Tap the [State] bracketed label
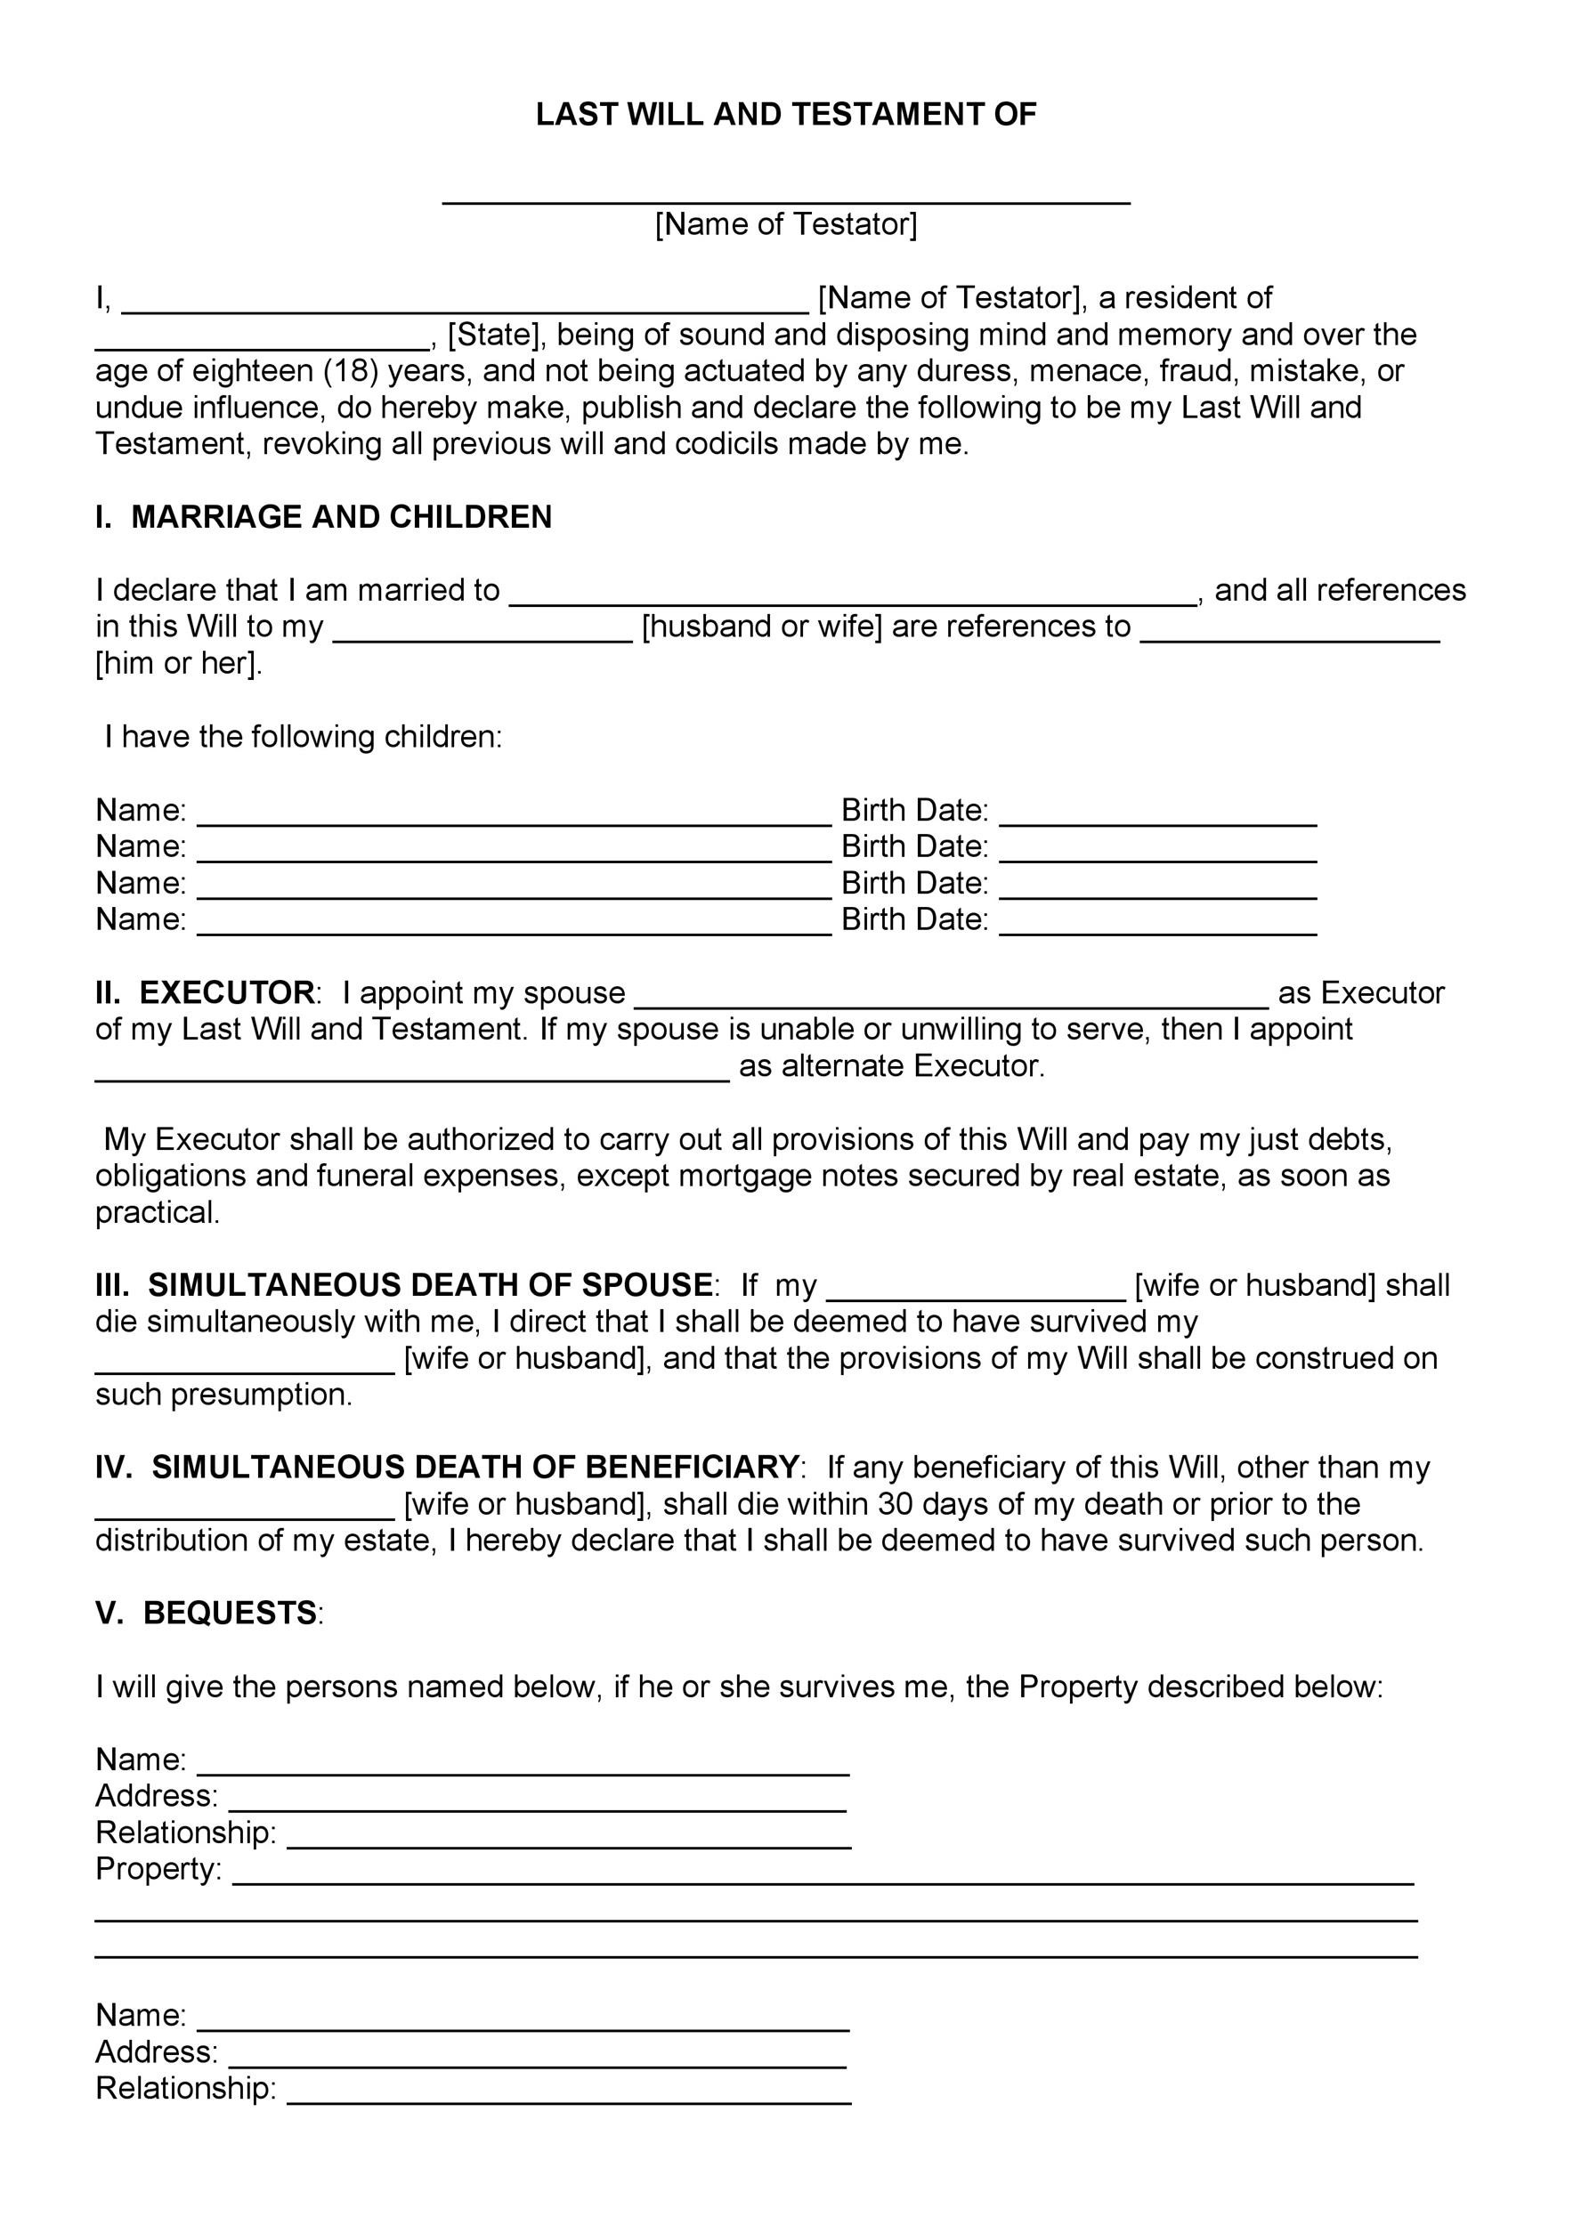(493, 335)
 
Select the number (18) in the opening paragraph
(350, 371)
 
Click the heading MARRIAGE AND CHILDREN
(341, 516)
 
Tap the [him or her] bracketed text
(178, 664)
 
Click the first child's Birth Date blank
(1157, 816)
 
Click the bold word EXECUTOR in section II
(227, 992)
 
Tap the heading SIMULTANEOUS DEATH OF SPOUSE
(430, 1285)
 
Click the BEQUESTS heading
(230, 1613)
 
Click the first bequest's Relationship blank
(569, 1841)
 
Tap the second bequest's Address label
(156, 2051)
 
